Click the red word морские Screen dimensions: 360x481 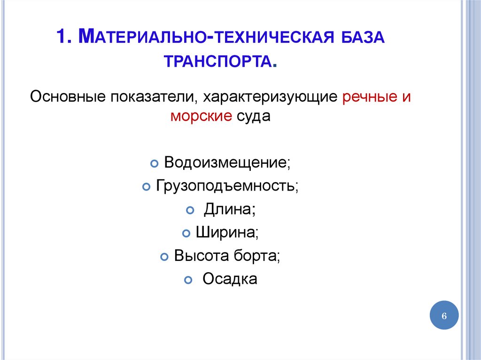tap(201, 116)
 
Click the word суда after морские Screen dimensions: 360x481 tap(253, 116)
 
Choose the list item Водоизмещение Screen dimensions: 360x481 tap(227, 163)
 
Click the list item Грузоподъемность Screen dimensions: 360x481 tap(227, 186)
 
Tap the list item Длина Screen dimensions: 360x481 tap(229, 209)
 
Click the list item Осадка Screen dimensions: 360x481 tap(230, 279)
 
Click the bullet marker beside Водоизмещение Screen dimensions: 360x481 tap(154, 164)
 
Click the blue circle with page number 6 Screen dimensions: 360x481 tap(443, 315)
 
